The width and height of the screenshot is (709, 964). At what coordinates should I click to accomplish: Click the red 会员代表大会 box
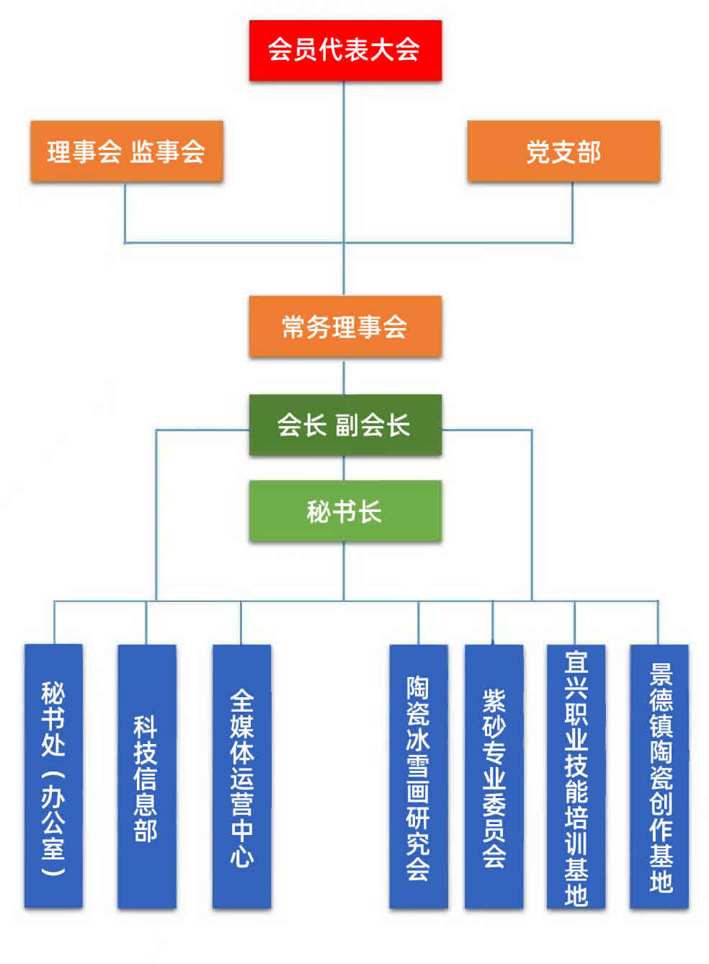click(345, 50)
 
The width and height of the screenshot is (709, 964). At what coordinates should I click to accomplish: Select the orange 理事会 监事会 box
click(127, 151)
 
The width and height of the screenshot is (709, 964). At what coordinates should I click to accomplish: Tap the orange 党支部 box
click(563, 151)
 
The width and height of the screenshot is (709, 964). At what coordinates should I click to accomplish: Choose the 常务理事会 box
click(345, 327)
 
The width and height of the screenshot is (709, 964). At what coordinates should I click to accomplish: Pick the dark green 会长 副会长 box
click(345, 425)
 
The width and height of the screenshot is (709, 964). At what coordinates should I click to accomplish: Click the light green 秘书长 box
click(345, 511)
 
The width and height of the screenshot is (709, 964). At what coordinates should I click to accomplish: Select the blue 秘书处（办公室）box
click(53, 776)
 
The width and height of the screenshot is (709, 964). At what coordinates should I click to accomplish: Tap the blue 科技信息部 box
click(146, 776)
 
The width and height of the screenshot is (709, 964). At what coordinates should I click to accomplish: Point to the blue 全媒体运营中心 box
click(241, 776)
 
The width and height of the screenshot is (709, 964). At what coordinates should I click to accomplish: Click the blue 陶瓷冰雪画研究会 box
click(419, 776)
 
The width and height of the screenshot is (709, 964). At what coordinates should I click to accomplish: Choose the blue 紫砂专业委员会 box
click(494, 776)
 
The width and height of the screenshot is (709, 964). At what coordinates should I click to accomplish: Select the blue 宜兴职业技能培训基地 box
click(576, 776)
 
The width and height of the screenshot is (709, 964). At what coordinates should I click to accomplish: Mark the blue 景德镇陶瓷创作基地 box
click(659, 776)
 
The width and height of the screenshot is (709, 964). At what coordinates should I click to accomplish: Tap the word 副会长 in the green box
click(373, 425)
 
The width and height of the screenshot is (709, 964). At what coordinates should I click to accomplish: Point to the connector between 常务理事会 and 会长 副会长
click(344, 376)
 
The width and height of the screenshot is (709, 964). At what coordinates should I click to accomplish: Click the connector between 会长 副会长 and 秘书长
click(344, 468)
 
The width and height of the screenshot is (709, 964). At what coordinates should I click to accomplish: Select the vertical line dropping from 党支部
click(573, 212)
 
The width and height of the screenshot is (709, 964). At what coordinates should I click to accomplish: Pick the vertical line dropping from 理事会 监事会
click(125, 212)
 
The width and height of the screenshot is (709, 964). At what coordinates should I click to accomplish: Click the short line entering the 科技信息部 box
click(146, 622)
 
